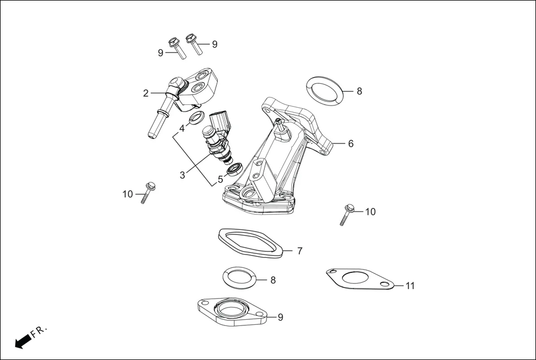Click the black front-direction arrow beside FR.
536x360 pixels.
23,341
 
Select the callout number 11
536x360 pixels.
410,286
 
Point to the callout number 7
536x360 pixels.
299,251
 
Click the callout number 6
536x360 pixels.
350,143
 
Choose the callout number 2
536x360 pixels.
146,93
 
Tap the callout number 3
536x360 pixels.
182,175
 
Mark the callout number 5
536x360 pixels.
220,179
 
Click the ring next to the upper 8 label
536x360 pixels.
324,91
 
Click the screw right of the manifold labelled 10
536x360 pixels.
347,214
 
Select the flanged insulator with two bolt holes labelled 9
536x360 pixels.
230,313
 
